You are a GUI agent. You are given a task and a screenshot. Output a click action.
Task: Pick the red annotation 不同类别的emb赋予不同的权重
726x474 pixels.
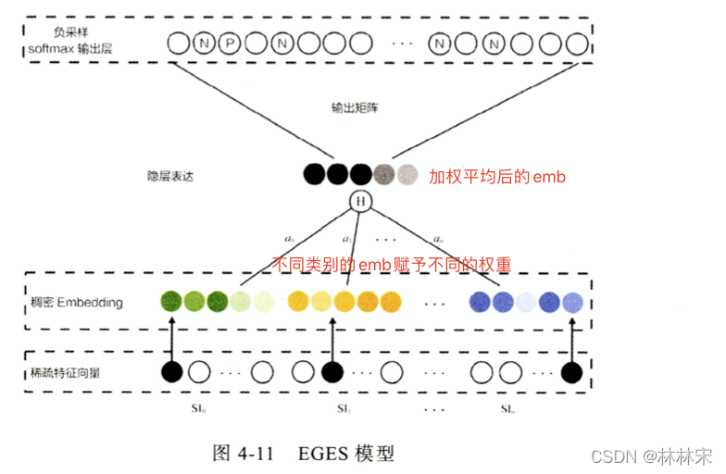point(394,266)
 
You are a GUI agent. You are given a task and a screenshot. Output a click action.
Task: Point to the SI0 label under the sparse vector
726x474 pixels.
point(170,407)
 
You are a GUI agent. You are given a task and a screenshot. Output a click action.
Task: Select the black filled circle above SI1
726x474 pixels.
point(332,372)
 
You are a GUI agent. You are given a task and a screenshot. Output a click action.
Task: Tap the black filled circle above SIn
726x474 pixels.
point(572,372)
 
